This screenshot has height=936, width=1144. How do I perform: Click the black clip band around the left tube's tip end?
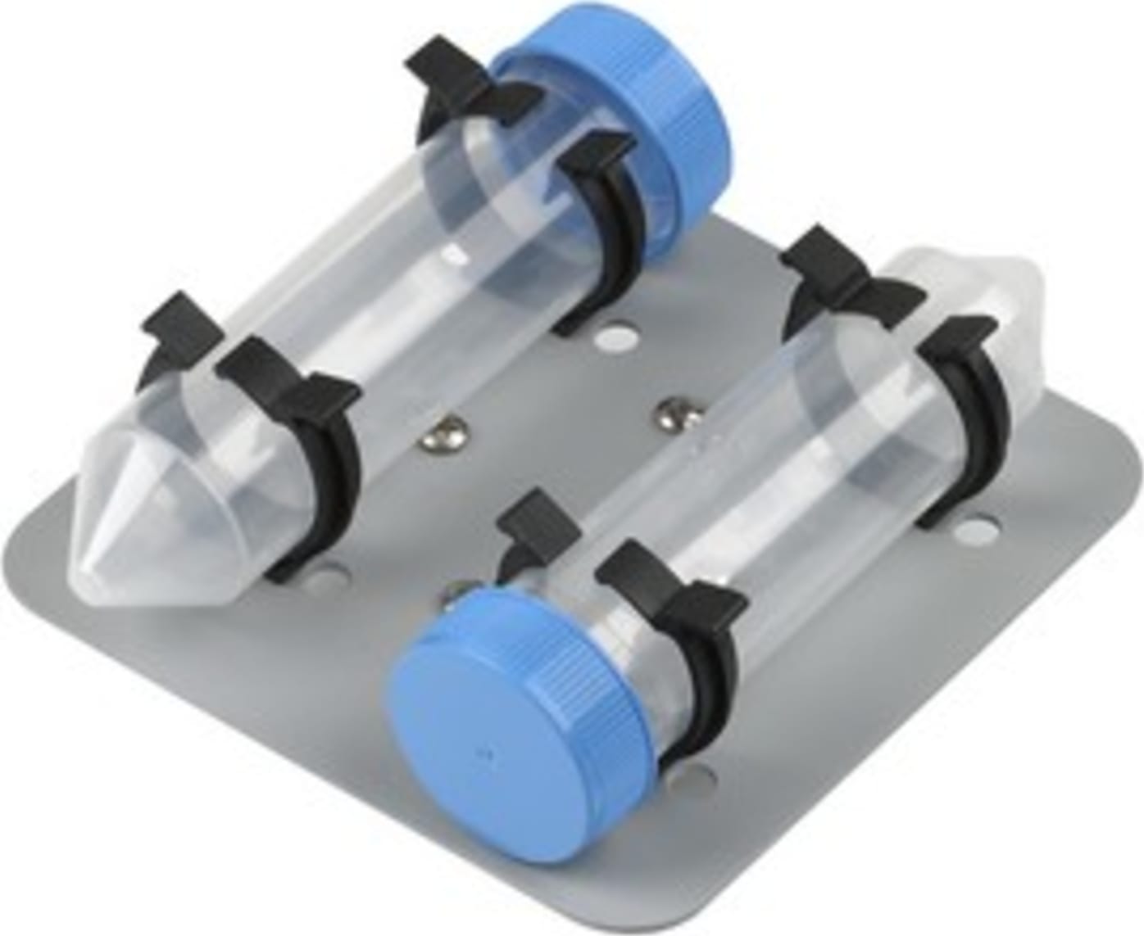tap(328, 475)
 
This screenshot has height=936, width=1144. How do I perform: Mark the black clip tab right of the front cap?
tap(672, 590)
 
